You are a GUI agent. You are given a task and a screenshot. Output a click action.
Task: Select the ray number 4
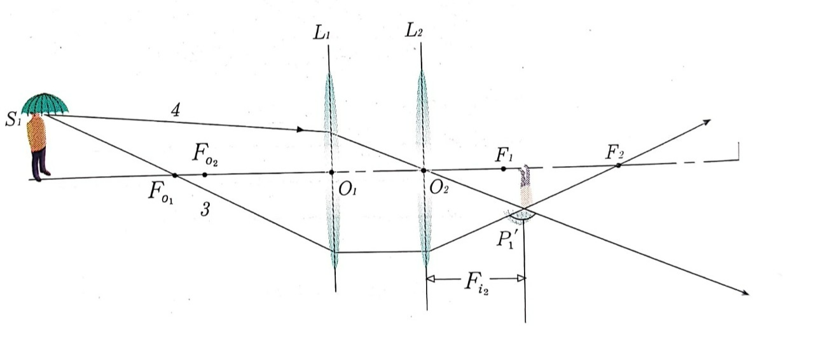(x=176, y=110)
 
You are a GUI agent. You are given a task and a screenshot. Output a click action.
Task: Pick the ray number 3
(x=205, y=210)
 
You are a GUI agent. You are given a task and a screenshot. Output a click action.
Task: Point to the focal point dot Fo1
(x=175, y=174)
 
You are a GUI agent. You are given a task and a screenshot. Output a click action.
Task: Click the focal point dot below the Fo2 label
(x=204, y=174)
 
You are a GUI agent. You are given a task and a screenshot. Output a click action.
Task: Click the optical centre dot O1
(x=331, y=172)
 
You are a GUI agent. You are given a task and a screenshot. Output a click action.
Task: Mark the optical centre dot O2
(x=423, y=170)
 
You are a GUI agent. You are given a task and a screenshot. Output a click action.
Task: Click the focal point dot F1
(x=503, y=169)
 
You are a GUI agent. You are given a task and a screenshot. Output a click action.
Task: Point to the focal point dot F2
(x=617, y=165)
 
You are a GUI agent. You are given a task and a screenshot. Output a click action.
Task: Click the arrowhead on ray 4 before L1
(x=300, y=130)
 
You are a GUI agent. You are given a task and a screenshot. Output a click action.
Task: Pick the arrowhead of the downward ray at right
(x=743, y=292)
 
